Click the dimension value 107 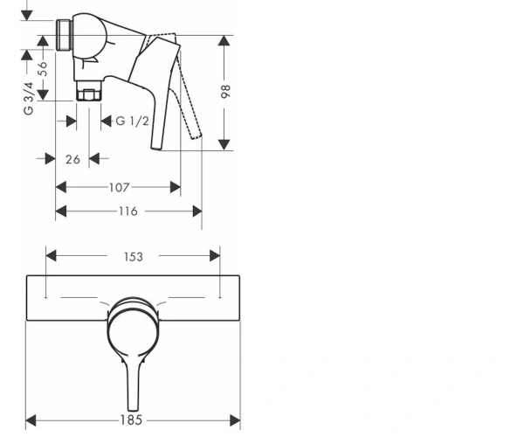coord(119,188)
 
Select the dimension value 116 coord(128,212)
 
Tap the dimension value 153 coord(134,257)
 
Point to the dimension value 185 coord(131,420)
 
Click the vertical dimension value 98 coord(226,91)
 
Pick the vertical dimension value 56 coord(43,69)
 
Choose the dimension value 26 coord(72,159)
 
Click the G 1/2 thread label coord(133,121)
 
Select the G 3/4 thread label coord(29,98)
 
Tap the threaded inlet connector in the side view coord(64,35)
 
